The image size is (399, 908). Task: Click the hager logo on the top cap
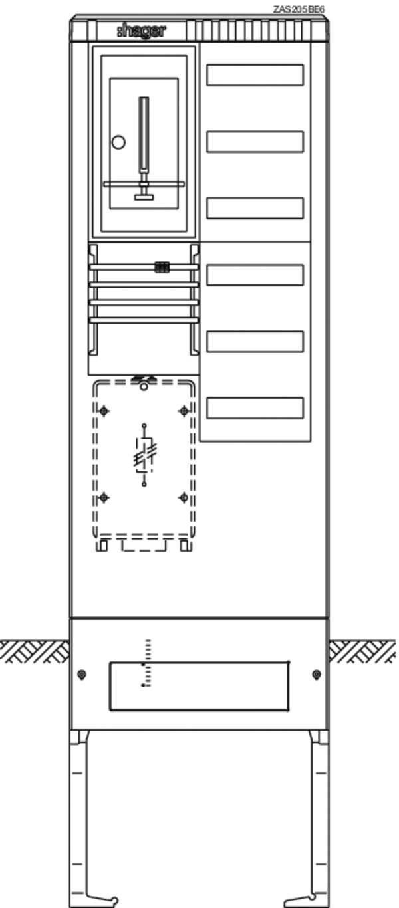tap(141, 31)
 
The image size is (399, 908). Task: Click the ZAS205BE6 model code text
tap(299, 9)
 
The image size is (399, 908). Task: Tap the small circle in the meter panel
tap(118, 142)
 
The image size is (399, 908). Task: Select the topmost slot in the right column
tap(255, 75)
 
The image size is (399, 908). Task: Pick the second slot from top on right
tap(255, 142)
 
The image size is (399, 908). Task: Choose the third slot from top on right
tap(255, 208)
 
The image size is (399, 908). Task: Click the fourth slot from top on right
tap(255, 275)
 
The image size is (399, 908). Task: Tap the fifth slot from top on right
tap(255, 342)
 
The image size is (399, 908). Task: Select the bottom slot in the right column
tap(255, 408)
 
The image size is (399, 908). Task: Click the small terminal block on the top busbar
tap(162, 267)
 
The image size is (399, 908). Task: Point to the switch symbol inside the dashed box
tap(144, 455)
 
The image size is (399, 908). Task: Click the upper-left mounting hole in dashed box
tap(104, 411)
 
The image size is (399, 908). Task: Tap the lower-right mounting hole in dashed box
tap(184, 497)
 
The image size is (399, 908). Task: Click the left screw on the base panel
tap(82, 675)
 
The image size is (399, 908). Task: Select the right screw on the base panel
tap(317, 675)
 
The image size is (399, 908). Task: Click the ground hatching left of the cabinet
tap(35, 651)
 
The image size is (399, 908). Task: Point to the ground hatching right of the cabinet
tap(362, 651)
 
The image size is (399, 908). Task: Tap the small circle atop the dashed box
tap(144, 386)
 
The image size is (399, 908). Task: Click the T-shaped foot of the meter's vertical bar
tap(144, 197)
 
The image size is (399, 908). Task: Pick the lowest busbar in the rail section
tap(144, 320)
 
